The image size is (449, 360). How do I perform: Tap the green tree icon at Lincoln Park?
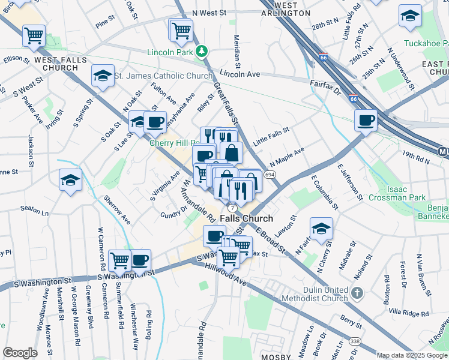coord(203,52)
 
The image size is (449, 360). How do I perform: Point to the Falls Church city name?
coord(246,219)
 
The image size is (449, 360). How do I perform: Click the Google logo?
coord(20,353)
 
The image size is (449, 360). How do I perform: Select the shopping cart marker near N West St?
coord(181,29)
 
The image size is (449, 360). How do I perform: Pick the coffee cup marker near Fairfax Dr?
coord(366,121)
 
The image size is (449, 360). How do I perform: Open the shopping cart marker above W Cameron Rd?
coord(120,260)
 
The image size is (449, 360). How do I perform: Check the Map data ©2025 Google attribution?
coord(412,355)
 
